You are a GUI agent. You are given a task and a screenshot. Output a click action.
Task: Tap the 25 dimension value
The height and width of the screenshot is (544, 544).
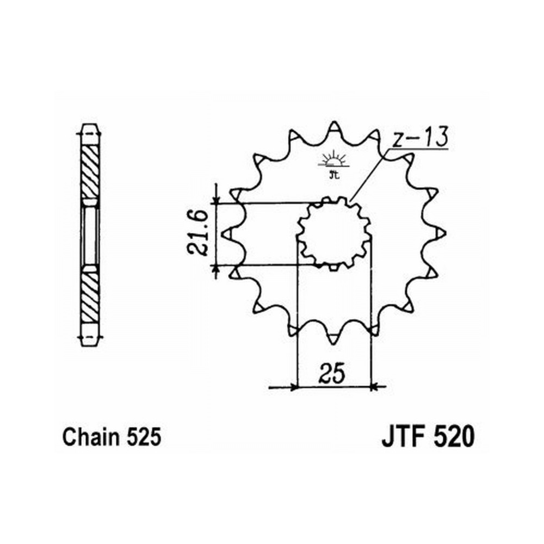tap(333, 374)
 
